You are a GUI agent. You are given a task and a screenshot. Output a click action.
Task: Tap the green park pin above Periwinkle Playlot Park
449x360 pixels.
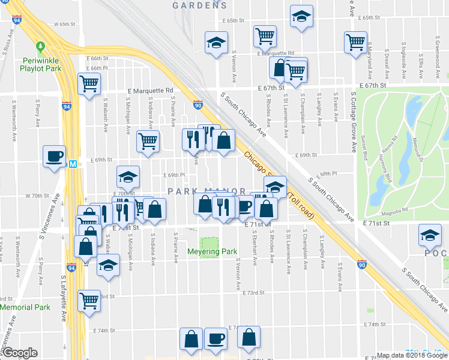point(41,46)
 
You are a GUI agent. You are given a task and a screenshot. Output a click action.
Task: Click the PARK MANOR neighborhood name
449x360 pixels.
point(206,191)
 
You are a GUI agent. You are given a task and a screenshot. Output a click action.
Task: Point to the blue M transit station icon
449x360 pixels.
point(73,164)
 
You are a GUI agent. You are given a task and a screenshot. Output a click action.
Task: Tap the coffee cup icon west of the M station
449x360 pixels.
point(55,156)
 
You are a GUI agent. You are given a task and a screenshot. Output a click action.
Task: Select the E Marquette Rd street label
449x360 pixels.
point(150,91)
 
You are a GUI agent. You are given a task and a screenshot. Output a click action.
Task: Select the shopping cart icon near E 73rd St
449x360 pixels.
point(89,299)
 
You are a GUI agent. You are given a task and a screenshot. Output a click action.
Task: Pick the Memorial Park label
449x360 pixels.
point(25,307)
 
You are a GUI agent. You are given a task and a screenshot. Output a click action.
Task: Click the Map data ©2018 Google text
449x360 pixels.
point(411,355)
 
